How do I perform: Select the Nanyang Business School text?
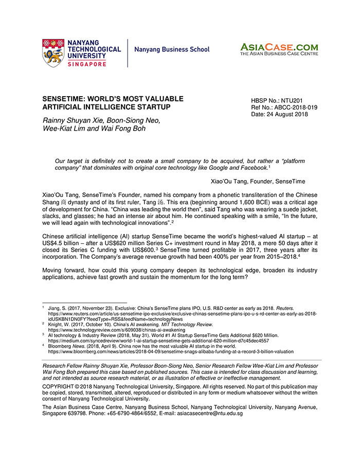point(172,50)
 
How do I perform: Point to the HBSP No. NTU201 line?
point(273,101)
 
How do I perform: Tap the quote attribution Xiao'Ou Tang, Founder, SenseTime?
point(258,182)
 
